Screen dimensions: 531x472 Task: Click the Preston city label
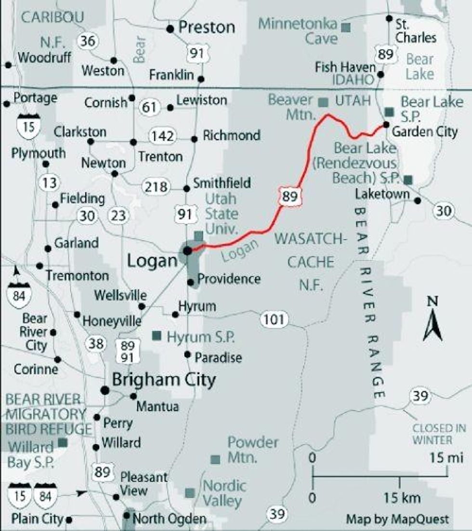click(x=207, y=27)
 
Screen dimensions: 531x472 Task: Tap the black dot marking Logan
click(x=188, y=251)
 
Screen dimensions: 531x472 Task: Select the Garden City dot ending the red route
click(x=386, y=125)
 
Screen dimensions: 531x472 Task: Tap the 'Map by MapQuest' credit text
click(x=397, y=519)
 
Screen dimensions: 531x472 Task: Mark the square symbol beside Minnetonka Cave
click(x=345, y=27)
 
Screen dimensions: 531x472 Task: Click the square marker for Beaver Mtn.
click(x=324, y=102)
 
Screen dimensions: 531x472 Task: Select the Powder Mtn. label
click(x=252, y=450)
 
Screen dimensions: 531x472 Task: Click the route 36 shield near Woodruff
click(x=88, y=41)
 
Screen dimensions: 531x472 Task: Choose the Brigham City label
click(x=164, y=380)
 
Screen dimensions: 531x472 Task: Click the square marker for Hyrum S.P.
click(x=157, y=335)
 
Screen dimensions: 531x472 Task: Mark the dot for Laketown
click(x=418, y=201)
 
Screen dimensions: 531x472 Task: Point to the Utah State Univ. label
click(x=222, y=212)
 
